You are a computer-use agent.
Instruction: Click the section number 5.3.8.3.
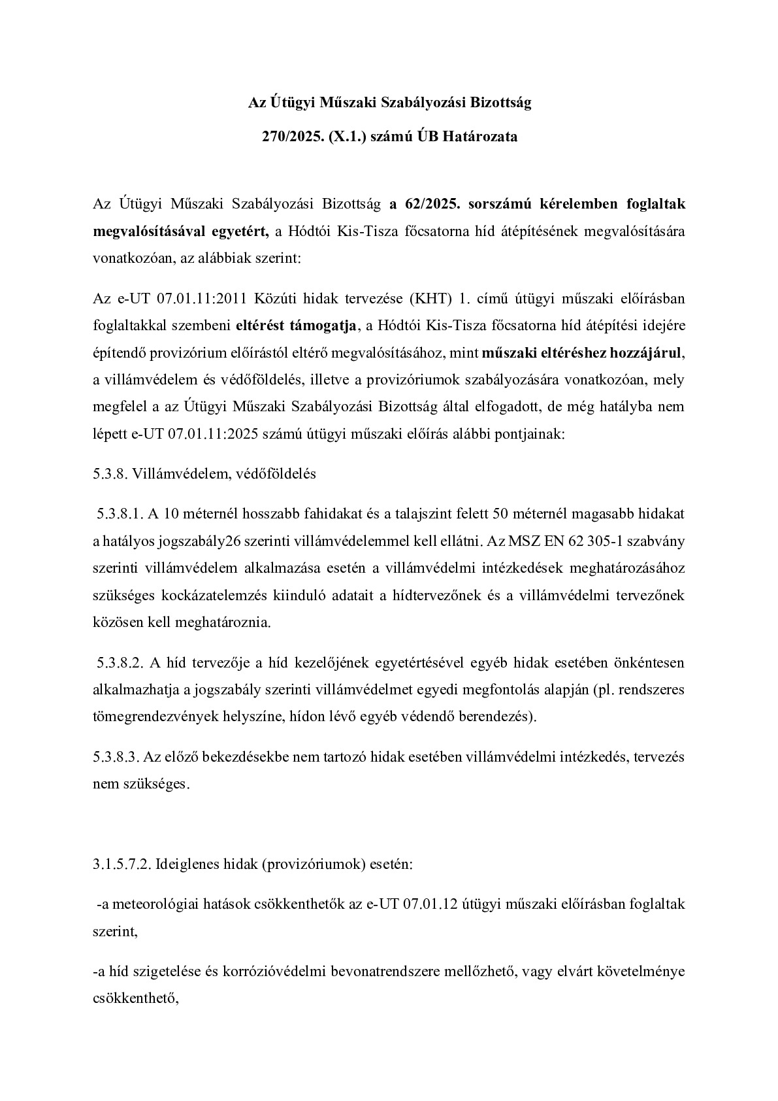coord(116,758)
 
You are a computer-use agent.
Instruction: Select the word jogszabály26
coord(202,541)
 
